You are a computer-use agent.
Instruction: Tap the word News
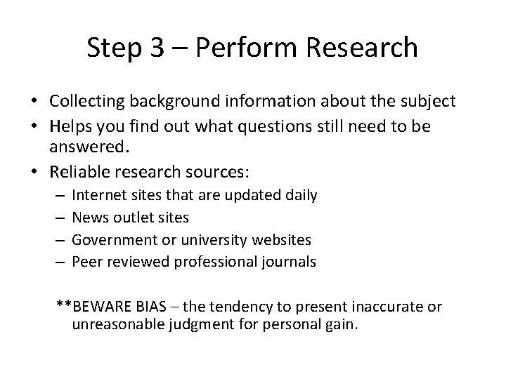pos(88,217)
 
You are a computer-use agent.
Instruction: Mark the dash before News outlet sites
pos(61,217)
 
